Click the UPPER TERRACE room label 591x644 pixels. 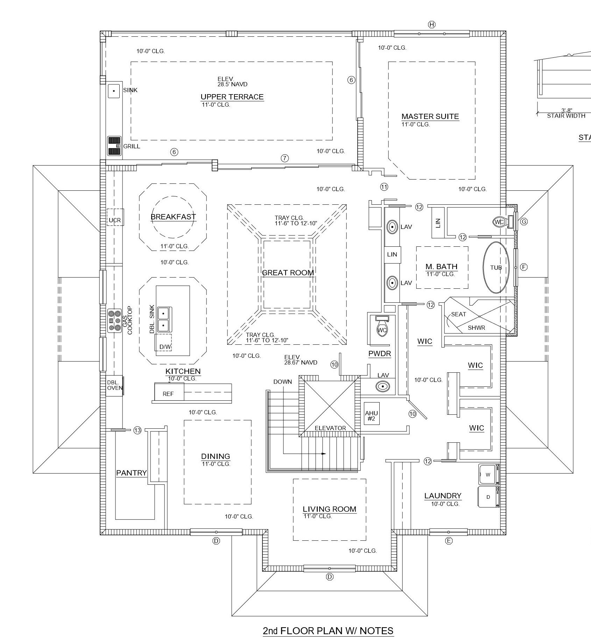[232, 97]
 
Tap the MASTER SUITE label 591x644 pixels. [430, 117]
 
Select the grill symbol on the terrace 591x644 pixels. [114, 146]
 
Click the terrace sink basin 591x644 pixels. [114, 91]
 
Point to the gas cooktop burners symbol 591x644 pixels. [114, 321]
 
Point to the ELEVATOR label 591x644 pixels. [330, 428]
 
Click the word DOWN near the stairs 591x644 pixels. [282, 381]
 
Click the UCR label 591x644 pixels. [115, 220]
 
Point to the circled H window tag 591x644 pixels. [431, 24]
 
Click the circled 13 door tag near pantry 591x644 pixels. [137, 430]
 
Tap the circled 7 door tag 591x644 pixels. [285, 158]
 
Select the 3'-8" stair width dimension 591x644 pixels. [567, 111]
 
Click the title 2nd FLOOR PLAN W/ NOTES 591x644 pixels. [328, 631]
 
